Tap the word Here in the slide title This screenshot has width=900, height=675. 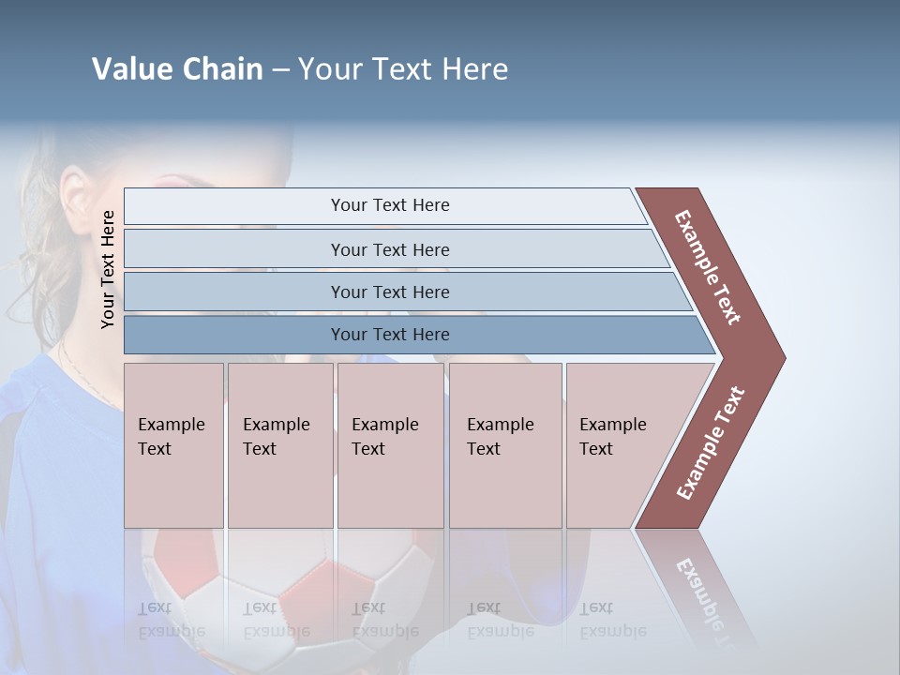[474, 69]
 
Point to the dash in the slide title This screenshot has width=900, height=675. [280, 70]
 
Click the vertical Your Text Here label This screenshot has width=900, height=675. [108, 269]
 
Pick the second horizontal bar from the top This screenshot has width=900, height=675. [389, 249]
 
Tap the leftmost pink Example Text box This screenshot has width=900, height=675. [173, 444]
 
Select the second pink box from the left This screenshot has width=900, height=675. [280, 444]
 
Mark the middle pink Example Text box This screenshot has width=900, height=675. [390, 444]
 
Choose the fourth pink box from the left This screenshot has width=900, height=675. [505, 444]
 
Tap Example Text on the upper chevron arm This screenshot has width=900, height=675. [708, 267]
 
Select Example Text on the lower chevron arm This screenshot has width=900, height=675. [711, 443]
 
